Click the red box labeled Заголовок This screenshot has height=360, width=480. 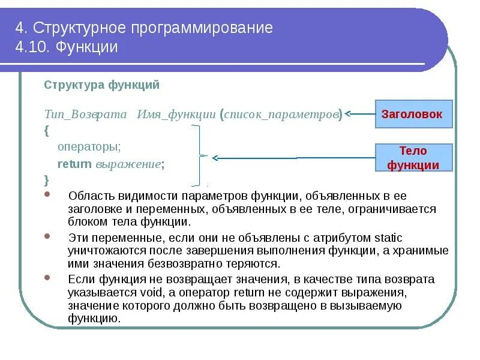coord(413,114)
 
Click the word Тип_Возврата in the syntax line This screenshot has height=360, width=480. coord(85,115)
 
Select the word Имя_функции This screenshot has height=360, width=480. coord(176,115)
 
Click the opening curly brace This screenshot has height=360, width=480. coord(46,130)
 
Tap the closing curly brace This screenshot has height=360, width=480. coord(46,179)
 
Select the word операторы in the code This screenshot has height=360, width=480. coord(89,146)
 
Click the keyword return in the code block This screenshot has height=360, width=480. coord(74,163)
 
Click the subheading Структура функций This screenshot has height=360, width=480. coord(101,85)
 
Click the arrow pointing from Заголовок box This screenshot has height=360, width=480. coord(359,114)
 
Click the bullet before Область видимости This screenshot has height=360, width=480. coord(48,196)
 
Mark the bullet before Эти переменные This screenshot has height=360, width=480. coord(48,237)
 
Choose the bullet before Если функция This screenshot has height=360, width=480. coord(48,279)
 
